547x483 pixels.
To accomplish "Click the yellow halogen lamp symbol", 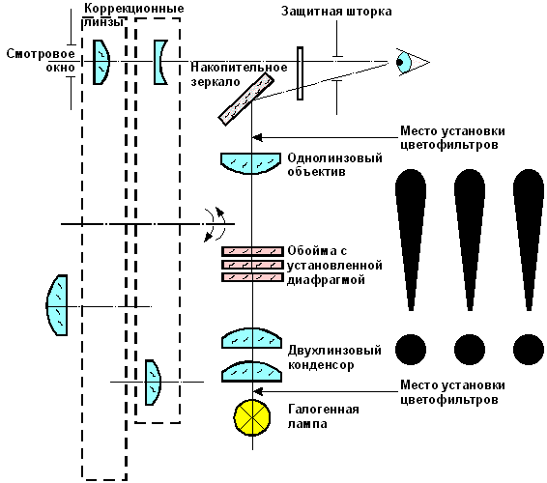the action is (252, 417).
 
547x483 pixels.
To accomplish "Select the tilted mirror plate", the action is (245, 99).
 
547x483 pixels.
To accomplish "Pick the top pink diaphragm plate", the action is (252, 251).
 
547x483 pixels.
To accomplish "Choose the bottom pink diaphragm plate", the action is (252, 277).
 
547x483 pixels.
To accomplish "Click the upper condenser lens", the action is (251, 339).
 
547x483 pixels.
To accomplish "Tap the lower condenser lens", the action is (251, 371).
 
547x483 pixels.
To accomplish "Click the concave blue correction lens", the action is (159, 62).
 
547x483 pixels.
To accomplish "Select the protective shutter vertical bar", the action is (300, 73).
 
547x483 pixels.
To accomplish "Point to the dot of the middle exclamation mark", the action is (470, 350).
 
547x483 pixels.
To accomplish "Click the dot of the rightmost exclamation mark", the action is (529, 350).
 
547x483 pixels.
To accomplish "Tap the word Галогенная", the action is (324, 409).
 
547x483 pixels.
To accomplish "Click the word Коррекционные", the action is (134, 9).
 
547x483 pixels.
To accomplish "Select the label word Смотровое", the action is (41, 54).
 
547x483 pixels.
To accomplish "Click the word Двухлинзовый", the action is (334, 350).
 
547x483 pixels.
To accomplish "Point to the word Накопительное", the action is (239, 67).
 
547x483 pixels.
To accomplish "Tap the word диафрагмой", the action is (326, 280).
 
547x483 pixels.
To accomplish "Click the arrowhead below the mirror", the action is (257, 137).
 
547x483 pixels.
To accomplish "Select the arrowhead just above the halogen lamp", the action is (257, 391).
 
